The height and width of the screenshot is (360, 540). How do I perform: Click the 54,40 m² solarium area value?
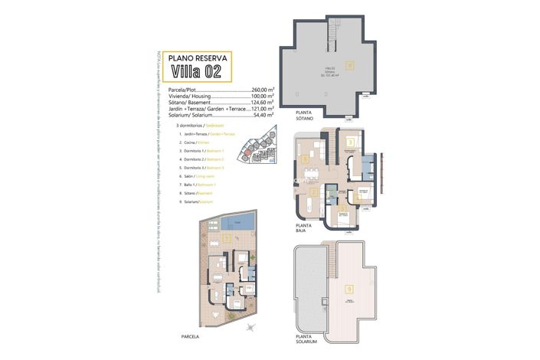[x=263, y=115]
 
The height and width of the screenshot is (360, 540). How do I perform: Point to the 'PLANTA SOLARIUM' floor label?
[x=308, y=339]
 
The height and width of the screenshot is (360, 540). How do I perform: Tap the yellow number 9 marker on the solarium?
[x=349, y=289]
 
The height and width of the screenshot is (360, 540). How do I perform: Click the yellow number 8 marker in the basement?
[x=350, y=65]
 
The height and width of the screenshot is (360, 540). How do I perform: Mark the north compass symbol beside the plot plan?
[x=250, y=327]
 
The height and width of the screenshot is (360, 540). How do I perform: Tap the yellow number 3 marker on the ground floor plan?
[x=349, y=142]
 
